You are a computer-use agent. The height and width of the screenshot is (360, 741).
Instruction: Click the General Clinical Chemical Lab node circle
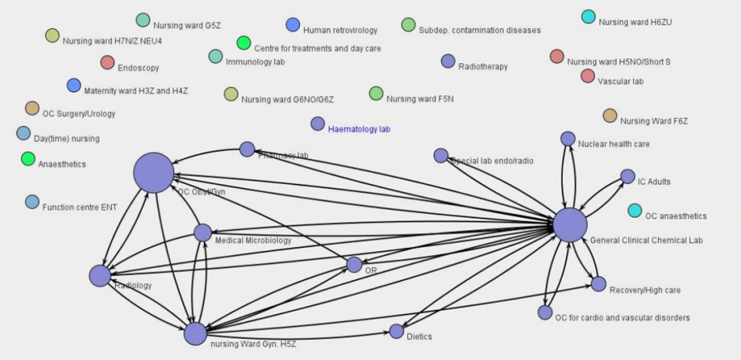[569, 225]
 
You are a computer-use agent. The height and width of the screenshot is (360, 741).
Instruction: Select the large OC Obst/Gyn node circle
[154, 172]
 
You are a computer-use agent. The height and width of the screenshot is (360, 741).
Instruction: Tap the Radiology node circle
[100, 276]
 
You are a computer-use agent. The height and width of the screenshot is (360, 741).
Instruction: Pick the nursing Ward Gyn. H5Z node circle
[196, 334]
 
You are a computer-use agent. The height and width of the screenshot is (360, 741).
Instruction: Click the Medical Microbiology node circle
[203, 232]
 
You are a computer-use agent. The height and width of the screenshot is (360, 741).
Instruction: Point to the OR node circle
[354, 265]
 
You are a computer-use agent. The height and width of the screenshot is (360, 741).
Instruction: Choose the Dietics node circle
[397, 331]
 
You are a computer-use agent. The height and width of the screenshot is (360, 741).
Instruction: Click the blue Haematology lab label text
[359, 130]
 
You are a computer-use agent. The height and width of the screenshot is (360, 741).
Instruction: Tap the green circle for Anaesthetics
[28, 159]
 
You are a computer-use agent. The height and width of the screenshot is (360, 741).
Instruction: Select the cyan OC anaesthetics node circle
[634, 210]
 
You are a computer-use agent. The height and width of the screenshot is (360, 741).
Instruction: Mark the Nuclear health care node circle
[568, 138]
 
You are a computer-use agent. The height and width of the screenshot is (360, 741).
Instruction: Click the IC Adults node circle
[627, 177]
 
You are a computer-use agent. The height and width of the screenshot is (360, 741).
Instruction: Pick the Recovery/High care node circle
[598, 284]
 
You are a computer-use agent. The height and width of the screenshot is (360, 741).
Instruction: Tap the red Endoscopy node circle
[107, 62]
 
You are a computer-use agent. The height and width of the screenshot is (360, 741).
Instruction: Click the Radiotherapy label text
[482, 67]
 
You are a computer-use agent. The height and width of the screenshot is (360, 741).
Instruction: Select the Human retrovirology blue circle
[292, 25]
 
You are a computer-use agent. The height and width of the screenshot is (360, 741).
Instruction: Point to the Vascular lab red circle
[588, 75]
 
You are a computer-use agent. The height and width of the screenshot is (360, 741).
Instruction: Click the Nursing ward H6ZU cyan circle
[588, 17]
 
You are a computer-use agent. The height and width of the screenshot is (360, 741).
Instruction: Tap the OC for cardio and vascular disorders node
[545, 312]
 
